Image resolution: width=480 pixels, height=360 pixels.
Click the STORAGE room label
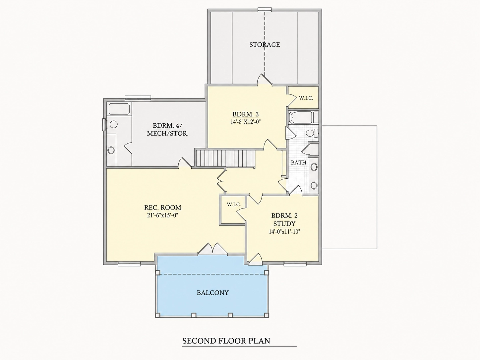[x=265, y=45]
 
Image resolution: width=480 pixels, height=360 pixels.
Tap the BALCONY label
[x=212, y=293]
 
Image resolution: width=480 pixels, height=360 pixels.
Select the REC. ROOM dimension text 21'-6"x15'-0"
[x=163, y=215]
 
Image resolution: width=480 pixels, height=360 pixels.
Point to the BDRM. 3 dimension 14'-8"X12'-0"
[x=246, y=122]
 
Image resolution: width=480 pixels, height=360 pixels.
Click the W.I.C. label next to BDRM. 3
[x=306, y=98]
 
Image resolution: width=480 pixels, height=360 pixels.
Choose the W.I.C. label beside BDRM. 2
[x=234, y=205]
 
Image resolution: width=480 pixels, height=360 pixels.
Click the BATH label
[x=298, y=163]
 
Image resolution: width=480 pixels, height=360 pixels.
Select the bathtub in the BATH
[x=301, y=118]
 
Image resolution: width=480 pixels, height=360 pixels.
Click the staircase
[x=225, y=158]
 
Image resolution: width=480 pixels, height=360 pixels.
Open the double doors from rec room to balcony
[x=212, y=249]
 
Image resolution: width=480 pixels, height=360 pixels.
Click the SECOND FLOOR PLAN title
[x=226, y=341]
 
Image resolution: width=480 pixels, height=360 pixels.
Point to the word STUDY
[x=284, y=224]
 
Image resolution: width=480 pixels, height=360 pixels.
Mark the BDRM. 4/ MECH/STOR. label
[x=167, y=130]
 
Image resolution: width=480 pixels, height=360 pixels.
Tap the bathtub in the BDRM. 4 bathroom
[x=119, y=109]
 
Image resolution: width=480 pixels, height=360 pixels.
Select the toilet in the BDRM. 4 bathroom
[x=113, y=124]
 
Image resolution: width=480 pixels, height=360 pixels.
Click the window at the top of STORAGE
[x=265, y=9]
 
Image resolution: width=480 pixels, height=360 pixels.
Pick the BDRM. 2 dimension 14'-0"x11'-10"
[x=284, y=232]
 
